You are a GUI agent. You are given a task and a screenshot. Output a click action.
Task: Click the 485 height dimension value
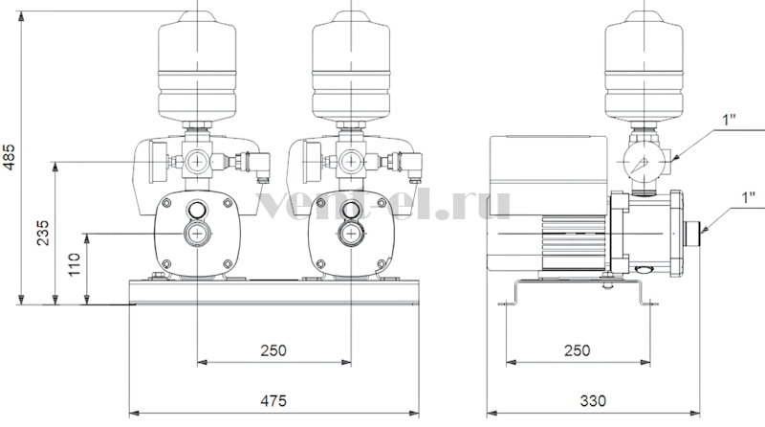click(10, 157)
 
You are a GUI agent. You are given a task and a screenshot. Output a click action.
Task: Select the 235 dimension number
click(43, 233)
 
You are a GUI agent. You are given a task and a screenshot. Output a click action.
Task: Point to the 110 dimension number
click(74, 264)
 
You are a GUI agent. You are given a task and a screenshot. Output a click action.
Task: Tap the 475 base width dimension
click(273, 400)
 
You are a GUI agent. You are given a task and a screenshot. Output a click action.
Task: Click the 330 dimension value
click(593, 400)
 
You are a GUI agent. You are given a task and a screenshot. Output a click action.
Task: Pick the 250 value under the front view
click(273, 350)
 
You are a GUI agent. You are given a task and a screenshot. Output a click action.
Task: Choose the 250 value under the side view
click(578, 350)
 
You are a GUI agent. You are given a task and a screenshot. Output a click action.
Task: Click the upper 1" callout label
click(729, 121)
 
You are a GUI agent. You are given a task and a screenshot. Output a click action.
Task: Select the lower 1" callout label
click(748, 198)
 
